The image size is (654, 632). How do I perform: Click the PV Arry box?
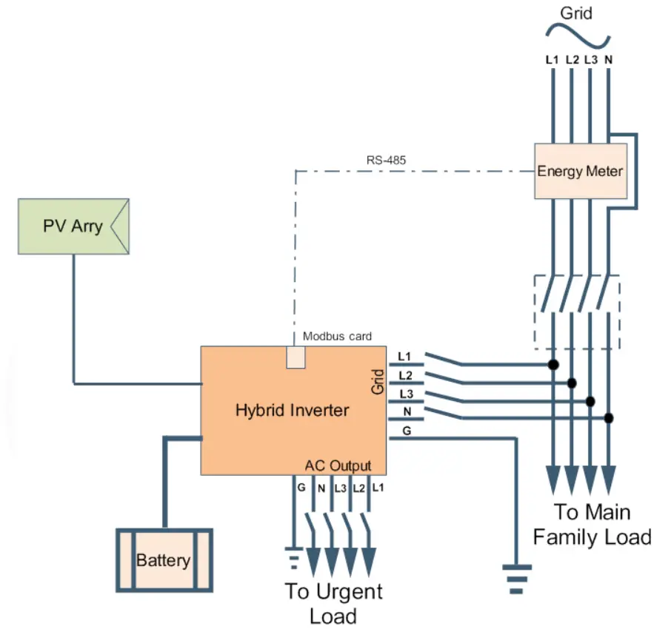[73, 226]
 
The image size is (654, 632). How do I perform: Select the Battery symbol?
[164, 560]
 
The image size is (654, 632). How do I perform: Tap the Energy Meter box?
[580, 171]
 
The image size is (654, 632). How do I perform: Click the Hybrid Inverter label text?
[292, 409]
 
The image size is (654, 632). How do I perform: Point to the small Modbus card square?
[296, 357]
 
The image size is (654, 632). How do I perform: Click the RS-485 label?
[386, 159]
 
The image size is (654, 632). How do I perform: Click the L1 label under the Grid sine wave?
[552, 60]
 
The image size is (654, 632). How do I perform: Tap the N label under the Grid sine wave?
[608, 60]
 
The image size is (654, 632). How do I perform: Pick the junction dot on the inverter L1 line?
[552, 364]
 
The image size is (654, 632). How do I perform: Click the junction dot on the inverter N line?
[608, 418]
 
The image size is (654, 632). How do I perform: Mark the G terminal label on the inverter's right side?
[407, 430]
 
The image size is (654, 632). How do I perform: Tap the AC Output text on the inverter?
[338, 465]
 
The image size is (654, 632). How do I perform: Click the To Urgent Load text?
[333, 602]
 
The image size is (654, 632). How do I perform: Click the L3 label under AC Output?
[339, 487]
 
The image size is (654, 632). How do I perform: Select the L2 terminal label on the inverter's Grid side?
[407, 375]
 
